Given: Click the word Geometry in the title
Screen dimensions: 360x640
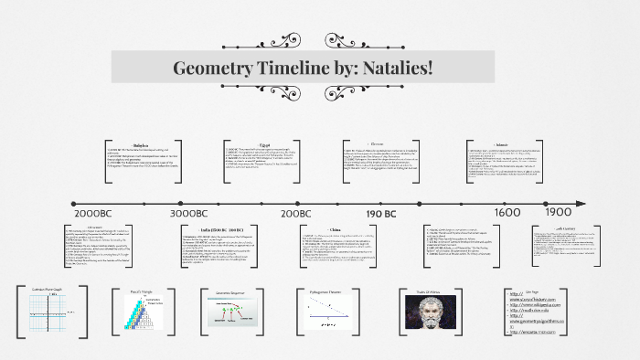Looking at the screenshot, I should [x=216, y=69].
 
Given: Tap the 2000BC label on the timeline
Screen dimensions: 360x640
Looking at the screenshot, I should [x=88, y=212].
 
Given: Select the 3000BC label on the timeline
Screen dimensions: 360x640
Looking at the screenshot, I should [x=193, y=212].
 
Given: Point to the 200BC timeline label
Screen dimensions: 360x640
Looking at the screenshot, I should [x=296, y=212].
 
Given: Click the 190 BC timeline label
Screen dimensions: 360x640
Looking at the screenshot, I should [x=380, y=212].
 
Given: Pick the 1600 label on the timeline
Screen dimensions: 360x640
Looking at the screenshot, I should [x=507, y=211].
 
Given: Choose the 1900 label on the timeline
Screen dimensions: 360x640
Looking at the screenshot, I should [x=558, y=211].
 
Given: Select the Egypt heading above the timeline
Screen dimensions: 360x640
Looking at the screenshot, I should [x=264, y=143].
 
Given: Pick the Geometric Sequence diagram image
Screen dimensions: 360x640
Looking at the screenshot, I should [x=234, y=315].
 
